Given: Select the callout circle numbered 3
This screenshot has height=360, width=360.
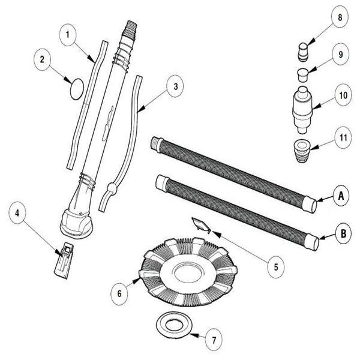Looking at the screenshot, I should [175, 86].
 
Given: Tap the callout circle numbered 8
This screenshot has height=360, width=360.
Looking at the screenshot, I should [340, 18].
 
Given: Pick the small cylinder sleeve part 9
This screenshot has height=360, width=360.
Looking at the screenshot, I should [304, 74].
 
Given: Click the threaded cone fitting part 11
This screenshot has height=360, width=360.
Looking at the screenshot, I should [304, 147].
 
